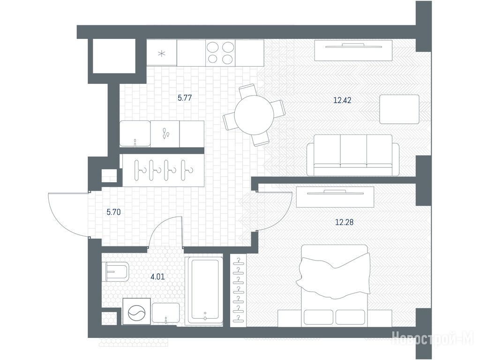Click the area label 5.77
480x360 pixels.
click(x=185, y=98)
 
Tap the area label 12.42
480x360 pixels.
click(x=342, y=100)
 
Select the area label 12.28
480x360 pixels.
click(x=345, y=222)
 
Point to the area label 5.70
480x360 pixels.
click(x=113, y=212)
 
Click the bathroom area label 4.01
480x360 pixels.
click(x=157, y=277)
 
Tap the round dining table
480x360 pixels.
click(x=254, y=115)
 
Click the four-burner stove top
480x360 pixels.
click(x=220, y=52)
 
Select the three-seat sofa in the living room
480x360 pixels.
click(x=353, y=155)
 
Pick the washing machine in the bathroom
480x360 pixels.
click(x=137, y=311)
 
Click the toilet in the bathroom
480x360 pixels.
click(x=117, y=272)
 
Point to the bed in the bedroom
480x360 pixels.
click(x=336, y=285)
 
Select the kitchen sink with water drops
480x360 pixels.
click(x=165, y=134)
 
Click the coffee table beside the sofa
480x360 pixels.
click(x=399, y=109)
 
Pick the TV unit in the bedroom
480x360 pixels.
click(x=335, y=197)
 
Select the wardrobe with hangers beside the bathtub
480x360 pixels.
click(x=238, y=290)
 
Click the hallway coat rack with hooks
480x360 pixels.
click(x=163, y=170)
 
